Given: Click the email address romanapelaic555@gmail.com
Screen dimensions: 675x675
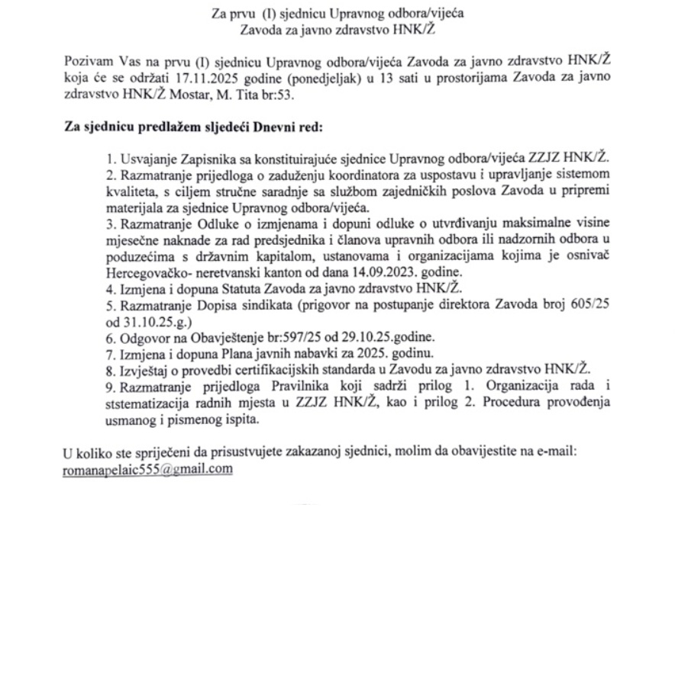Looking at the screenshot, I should [x=147, y=469].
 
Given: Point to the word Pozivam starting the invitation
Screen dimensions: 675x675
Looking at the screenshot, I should [x=89, y=61].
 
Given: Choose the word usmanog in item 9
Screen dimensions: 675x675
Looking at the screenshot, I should [x=131, y=419].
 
